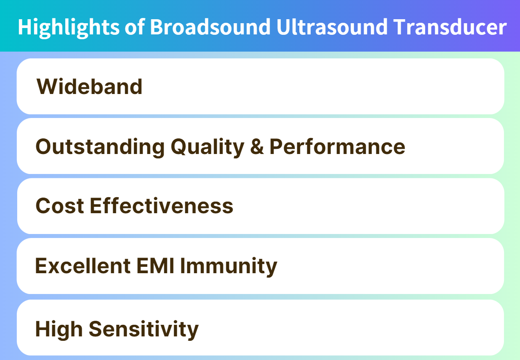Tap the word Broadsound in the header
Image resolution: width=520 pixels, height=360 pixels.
coord(210,27)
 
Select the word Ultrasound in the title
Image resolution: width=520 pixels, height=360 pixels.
coord(332,27)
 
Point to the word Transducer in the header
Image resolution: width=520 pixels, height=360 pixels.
coord(450,27)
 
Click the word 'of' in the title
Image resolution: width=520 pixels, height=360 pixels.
coord(135,27)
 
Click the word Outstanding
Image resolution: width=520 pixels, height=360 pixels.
coord(100,147)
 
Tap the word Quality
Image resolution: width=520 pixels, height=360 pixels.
coord(207,147)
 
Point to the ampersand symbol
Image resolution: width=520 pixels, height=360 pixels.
coord(257,146)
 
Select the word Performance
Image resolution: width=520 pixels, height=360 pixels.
coord(337,146)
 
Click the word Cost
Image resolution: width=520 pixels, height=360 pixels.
coord(60,206)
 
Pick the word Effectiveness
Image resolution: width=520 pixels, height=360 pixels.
coord(161,206)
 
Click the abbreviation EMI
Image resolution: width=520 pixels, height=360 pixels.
coord(155,266)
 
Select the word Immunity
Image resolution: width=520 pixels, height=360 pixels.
coord(228,266)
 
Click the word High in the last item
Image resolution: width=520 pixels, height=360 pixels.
coord(59,330)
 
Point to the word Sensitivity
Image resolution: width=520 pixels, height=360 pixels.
coord(144,330)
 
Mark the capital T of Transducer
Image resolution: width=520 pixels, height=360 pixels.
coord(400,27)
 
